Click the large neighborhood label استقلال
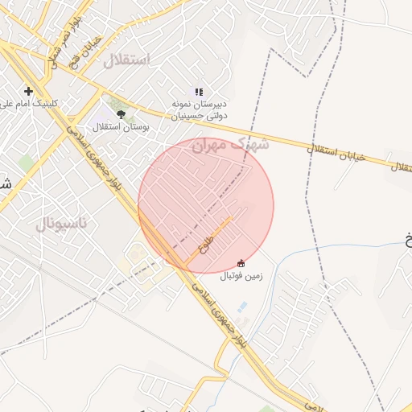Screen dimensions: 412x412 pyautogui.click(x=128, y=60)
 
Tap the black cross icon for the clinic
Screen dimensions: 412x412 pyautogui.click(x=29, y=91)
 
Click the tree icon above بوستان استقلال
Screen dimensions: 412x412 pyautogui.click(x=121, y=114)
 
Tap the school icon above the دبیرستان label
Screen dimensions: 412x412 pyautogui.click(x=199, y=92)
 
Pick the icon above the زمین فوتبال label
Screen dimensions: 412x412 pyautogui.click(x=241, y=262)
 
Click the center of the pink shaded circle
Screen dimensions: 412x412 pyautogui.click(x=206, y=206)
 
